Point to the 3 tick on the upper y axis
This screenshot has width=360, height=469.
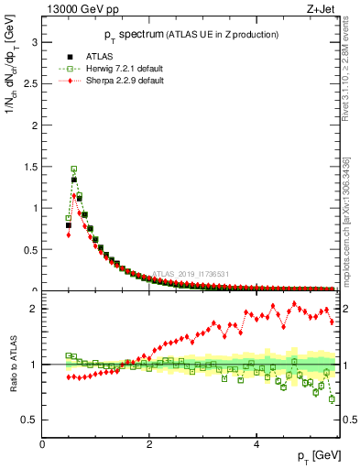point(33,42)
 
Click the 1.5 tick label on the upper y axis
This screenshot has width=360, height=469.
point(28,167)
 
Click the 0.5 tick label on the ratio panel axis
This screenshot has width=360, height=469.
point(28,420)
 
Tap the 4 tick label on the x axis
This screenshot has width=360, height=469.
point(256,444)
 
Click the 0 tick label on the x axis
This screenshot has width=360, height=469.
point(42,444)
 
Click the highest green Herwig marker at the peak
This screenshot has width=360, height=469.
point(74,169)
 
